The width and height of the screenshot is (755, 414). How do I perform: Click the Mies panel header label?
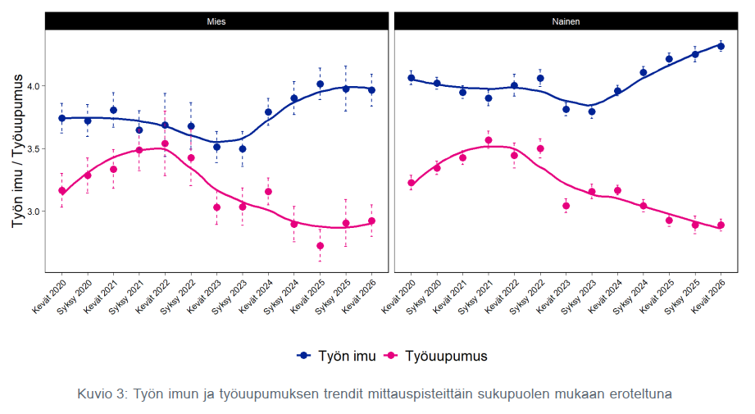216,21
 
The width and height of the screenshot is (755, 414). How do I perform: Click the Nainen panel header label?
566,21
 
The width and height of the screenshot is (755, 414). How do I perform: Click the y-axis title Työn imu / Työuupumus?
18,151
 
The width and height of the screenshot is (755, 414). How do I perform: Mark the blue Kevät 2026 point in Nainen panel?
721,46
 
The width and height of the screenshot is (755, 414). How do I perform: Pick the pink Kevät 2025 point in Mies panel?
321,246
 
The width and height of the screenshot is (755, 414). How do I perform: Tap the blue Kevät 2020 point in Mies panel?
61,118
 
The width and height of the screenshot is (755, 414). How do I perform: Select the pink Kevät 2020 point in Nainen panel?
412,183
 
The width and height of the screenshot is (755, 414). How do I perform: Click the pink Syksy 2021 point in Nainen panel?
489,140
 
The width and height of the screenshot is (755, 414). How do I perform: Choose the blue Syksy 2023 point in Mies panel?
243,149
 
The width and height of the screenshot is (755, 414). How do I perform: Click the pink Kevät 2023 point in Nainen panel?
566,206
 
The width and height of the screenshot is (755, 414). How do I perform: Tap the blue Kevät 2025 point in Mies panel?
321,84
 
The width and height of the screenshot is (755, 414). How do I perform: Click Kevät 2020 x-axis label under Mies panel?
49,297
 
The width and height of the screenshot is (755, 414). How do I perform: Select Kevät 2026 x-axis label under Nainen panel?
707,297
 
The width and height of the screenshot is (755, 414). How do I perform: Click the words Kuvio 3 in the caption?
101,394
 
